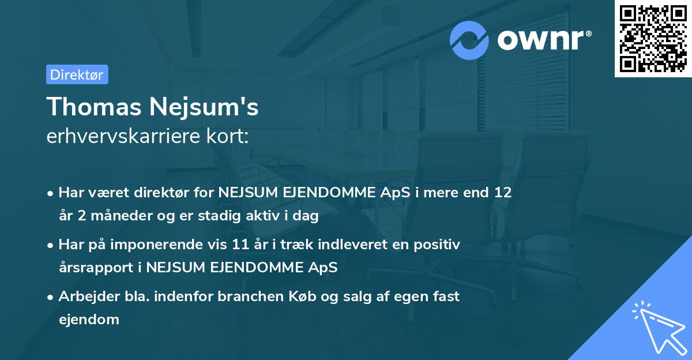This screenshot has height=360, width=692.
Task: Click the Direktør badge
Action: click(77, 74)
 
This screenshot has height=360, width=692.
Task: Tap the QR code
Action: click(652, 39)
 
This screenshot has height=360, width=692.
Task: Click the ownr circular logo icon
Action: click(469, 40)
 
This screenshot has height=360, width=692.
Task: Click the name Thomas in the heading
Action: click(93, 107)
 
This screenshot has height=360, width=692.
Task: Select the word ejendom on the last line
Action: click(89, 319)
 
